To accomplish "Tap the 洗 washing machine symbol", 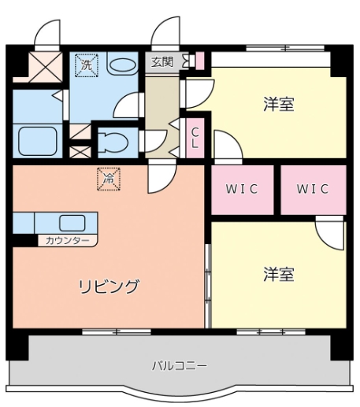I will (86, 65).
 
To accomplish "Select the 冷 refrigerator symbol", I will (109, 179).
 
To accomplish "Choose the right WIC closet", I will (313, 190).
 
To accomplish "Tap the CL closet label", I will (195, 138).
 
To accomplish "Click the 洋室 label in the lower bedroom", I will (278, 275).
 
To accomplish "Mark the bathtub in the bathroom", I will (37, 142).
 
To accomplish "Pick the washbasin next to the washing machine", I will (122, 65).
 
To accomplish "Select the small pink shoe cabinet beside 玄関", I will (199, 61).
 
